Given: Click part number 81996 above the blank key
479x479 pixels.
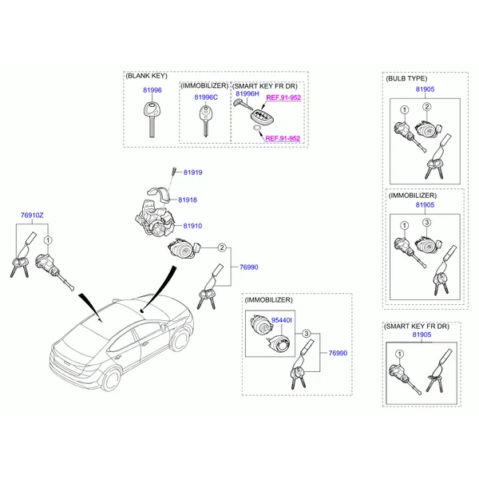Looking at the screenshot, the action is [152, 90].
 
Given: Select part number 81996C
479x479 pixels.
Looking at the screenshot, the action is [206, 97].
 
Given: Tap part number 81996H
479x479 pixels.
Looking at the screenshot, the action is [247, 93].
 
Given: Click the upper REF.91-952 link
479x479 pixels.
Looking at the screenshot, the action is [283, 97].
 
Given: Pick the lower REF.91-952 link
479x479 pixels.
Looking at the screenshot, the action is [283, 138].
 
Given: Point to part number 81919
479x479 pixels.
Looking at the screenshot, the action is [192, 172].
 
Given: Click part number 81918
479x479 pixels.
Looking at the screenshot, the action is [188, 200].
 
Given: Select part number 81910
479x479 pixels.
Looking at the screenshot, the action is [192, 226].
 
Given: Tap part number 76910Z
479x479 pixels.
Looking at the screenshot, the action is [32, 216].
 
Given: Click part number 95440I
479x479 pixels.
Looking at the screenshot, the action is [281, 320].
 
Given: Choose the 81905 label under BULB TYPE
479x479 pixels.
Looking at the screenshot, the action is [425, 89].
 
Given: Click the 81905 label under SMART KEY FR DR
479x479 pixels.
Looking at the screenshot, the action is [422, 335].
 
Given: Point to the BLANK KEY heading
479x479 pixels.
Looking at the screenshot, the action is [147, 76].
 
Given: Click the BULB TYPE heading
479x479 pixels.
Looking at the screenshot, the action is [406, 78].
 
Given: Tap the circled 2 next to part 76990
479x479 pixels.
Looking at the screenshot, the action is [222, 247].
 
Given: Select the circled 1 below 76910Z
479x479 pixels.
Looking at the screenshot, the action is [48, 240].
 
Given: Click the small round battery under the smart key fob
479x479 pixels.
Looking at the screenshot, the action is [257, 129].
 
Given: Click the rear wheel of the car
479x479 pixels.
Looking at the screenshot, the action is [111, 378].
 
